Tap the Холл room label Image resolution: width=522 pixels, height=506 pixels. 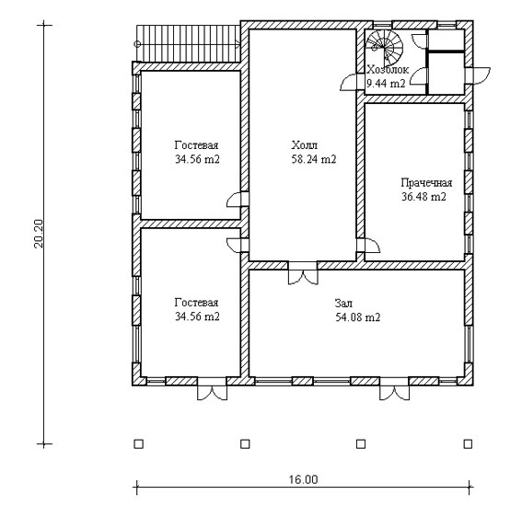tap(305, 145)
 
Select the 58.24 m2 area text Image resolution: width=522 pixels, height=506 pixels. tap(314, 159)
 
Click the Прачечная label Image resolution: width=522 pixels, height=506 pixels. tap(426, 183)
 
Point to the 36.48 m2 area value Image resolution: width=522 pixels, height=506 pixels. tap(423, 197)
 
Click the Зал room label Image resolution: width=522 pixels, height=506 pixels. tap(343, 304)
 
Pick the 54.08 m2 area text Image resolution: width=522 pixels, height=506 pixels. tap(357, 317)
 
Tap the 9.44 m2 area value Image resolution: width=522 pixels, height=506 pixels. tap(386, 83)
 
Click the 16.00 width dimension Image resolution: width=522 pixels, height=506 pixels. tap(303, 479)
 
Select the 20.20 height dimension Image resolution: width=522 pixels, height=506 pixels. tap(39, 234)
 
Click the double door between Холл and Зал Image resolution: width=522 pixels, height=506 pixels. tap(303, 273)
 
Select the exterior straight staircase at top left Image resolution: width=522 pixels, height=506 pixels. tap(188, 44)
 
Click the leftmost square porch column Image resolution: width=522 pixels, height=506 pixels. tap(138, 444)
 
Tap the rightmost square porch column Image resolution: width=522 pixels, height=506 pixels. tap(468, 444)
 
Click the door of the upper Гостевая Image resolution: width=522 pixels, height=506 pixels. tap(238, 200)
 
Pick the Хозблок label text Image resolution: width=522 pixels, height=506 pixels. tap(388, 70)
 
